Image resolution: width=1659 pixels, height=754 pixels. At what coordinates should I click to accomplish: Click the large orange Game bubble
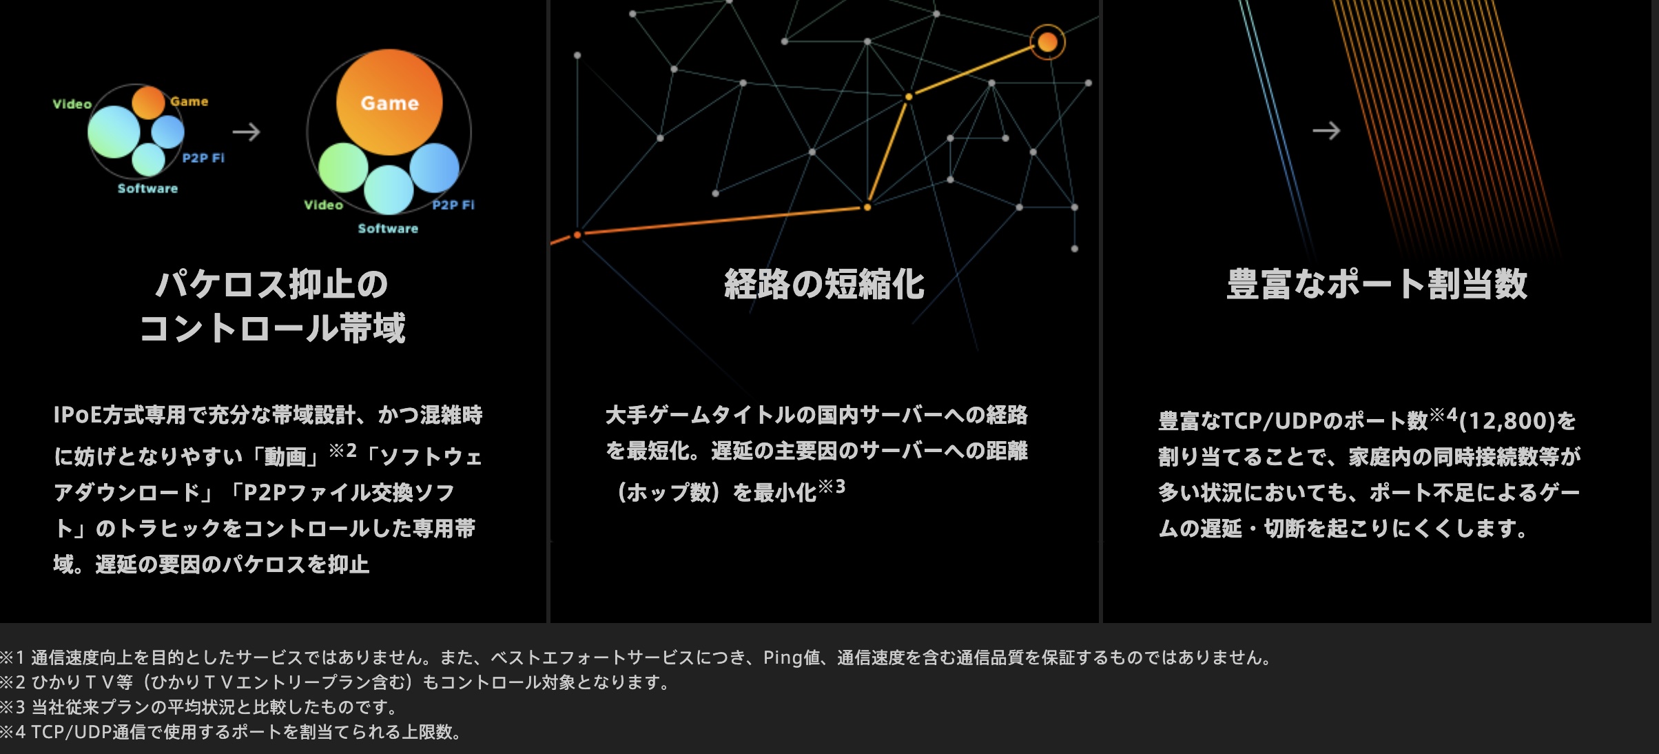tap(389, 102)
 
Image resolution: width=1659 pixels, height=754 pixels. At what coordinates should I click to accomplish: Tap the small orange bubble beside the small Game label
tap(148, 103)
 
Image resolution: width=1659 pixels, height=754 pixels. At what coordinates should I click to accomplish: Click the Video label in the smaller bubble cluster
tap(72, 104)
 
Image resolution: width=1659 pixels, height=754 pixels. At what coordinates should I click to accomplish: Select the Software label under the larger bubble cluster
tap(388, 228)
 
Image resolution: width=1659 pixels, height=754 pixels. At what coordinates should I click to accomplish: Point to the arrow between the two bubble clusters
tap(246, 132)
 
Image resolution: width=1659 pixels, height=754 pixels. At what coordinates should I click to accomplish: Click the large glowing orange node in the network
tap(1047, 42)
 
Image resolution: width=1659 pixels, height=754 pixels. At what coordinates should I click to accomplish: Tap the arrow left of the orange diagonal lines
tap(1326, 130)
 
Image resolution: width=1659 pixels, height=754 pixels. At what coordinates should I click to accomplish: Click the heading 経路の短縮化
tap(824, 284)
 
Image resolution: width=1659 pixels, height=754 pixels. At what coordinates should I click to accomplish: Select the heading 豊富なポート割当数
tap(1377, 284)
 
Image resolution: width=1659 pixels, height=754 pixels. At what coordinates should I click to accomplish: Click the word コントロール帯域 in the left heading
tap(273, 327)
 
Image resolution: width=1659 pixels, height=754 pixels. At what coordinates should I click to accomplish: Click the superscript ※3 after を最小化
tap(832, 487)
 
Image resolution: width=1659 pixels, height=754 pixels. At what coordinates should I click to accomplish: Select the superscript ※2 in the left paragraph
tap(342, 451)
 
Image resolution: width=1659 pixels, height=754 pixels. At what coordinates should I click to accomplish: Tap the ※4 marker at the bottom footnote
tap(13, 732)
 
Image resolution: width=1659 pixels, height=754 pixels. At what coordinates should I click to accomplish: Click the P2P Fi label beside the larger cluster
tap(453, 205)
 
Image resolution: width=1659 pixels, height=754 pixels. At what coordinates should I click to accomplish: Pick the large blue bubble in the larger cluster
tap(435, 167)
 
